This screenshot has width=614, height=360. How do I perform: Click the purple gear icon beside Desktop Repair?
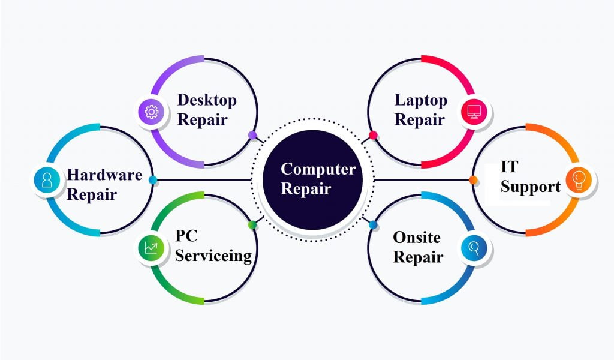click(151, 112)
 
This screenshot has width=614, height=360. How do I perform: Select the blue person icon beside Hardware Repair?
click(47, 179)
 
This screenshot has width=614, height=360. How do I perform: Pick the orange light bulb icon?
click(579, 179)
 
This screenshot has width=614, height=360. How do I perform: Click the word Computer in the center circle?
click(318, 169)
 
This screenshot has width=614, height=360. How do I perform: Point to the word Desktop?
click(207, 100)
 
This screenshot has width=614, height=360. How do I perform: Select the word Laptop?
click(420, 100)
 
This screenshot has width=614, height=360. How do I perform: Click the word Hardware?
click(104, 175)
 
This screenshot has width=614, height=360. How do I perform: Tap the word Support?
click(531, 186)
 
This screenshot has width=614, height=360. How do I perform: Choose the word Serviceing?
click(213, 256)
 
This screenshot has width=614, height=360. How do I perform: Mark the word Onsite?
click(416, 238)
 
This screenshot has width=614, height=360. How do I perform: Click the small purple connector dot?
click(252, 135)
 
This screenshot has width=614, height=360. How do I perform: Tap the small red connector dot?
click(373, 135)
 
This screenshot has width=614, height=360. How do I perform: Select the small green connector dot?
click(252, 225)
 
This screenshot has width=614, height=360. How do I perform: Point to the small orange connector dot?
click(473, 180)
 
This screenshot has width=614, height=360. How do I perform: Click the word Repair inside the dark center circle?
click(306, 189)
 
